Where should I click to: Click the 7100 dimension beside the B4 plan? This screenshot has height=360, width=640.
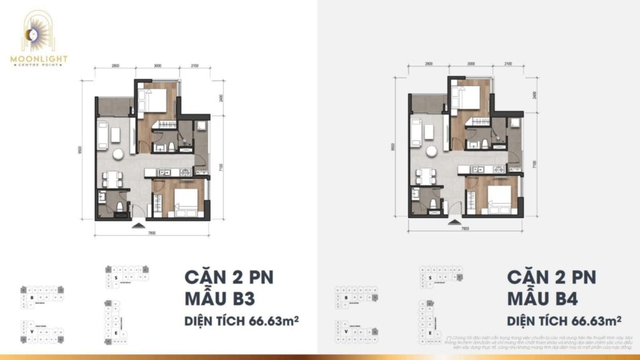(535, 164)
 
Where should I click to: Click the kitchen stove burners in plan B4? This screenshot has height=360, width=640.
(497, 169)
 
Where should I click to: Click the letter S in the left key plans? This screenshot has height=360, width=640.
(116, 276)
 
